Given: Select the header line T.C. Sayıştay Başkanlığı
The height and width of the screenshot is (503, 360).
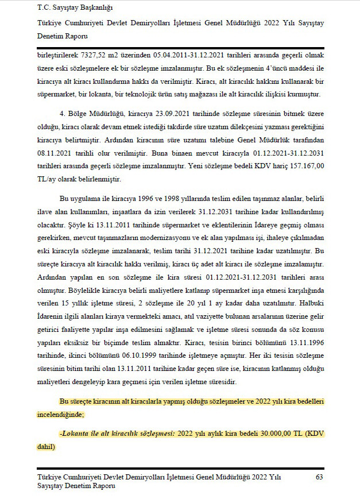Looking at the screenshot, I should tap(75, 7).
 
